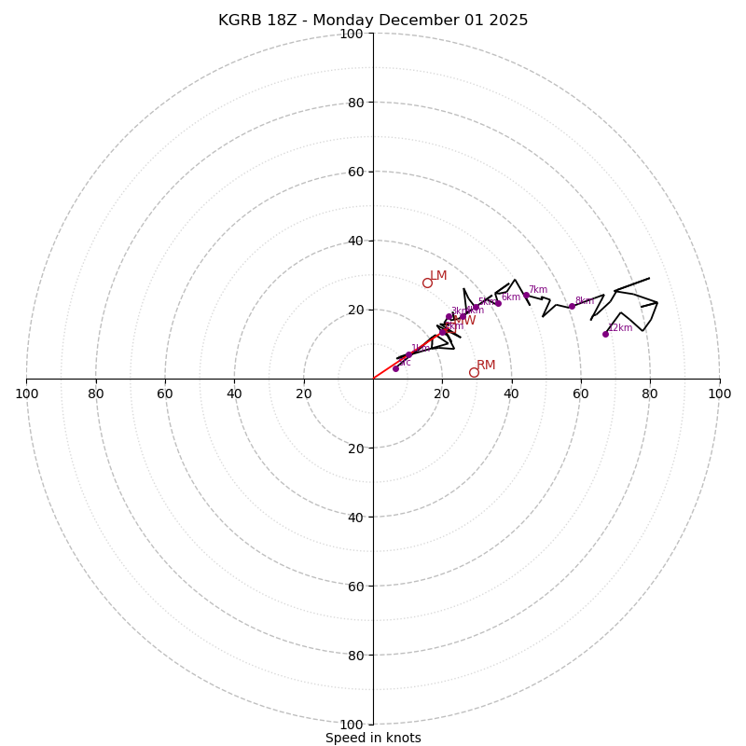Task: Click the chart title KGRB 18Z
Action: (x=373, y=21)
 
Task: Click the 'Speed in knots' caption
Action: (x=373, y=738)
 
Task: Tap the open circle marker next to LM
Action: (x=427, y=283)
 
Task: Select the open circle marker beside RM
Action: (x=474, y=372)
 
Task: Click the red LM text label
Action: (x=438, y=275)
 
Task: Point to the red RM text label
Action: (x=486, y=365)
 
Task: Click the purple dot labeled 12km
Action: (x=605, y=334)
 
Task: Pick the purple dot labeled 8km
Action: (x=572, y=306)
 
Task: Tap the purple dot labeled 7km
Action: (x=526, y=295)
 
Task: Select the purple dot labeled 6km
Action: (x=498, y=302)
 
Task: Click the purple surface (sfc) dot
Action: (x=395, y=368)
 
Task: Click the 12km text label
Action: (x=620, y=327)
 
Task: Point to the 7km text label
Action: (x=538, y=289)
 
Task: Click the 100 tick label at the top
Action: (x=352, y=34)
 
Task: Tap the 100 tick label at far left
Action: (x=26, y=394)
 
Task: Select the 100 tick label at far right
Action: (x=719, y=394)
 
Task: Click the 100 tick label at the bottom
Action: (x=352, y=724)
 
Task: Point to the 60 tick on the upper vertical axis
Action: (x=355, y=172)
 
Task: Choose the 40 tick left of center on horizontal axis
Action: (x=234, y=394)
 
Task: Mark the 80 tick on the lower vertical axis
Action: (x=355, y=655)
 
